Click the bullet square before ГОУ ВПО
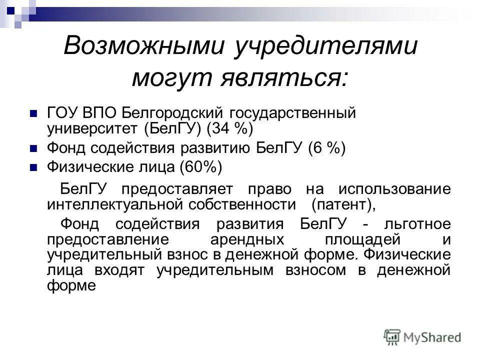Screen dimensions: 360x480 coord(34,113)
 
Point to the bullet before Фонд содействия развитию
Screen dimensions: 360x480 coord(34,149)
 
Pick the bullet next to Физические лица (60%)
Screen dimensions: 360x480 coord(34,167)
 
